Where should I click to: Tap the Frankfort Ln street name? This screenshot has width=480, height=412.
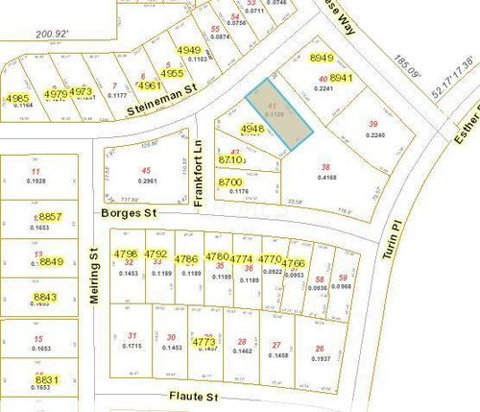tap(198, 157)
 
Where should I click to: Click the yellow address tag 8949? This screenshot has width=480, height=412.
tap(324, 60)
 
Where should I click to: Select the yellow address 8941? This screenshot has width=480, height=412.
tap(343, 77)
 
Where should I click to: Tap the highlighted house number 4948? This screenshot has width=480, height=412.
tap(252, 128)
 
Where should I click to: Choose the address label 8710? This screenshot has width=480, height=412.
tap(231, 159)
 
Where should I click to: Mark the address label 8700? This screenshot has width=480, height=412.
tap(230, 182)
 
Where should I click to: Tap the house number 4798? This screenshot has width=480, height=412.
tap(126, 254)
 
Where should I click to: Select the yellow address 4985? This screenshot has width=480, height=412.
tap(17, 98)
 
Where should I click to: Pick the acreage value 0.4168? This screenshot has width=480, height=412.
tap(326, 178)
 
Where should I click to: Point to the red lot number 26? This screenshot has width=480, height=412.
tap(319, 348)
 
